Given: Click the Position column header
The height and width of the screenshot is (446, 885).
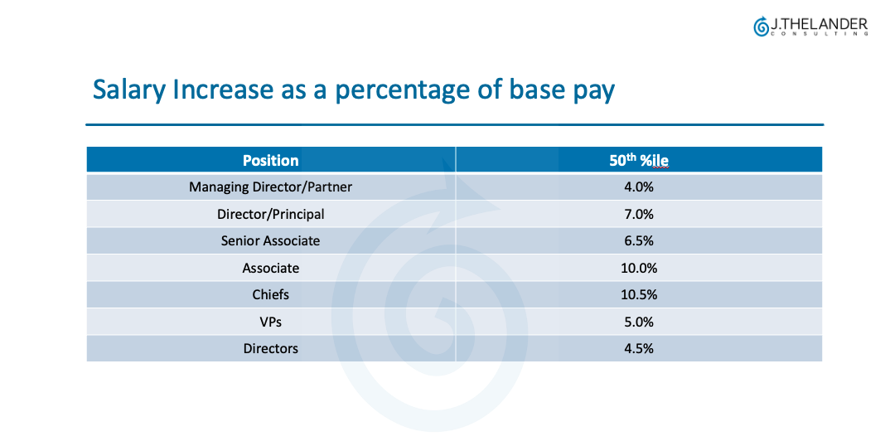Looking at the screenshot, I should pos(270,160).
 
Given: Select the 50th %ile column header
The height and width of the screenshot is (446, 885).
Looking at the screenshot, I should pos(638,160).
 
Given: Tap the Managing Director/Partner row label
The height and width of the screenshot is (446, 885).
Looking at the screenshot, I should pos(270,187).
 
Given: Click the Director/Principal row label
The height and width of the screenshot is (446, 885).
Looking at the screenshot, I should pos(270,214).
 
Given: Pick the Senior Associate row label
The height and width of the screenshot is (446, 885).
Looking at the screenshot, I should pos(270,241).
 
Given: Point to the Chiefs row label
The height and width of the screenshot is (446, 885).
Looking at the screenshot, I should pos(270,295).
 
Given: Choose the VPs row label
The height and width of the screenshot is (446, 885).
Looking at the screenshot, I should pos(270,322).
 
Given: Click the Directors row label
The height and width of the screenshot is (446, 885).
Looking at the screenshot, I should pos(270,349).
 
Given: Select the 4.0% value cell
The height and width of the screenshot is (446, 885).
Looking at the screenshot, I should pos(638,187).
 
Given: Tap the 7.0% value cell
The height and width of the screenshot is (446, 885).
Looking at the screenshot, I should pos(638,214).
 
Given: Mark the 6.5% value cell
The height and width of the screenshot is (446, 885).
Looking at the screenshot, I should pos(638,241).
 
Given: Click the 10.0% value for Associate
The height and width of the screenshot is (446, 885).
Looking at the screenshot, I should pos(638,268).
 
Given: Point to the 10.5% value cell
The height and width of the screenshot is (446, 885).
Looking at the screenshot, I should pos(638,295).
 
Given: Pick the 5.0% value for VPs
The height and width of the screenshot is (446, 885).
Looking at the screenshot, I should pos(638,322).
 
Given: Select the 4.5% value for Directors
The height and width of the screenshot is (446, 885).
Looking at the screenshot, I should pos(638,349).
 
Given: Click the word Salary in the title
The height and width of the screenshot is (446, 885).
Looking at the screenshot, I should pos(128,90).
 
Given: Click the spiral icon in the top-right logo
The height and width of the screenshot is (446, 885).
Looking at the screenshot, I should pos(761,27).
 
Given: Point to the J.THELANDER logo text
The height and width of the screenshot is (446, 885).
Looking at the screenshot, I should pos(819,25).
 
